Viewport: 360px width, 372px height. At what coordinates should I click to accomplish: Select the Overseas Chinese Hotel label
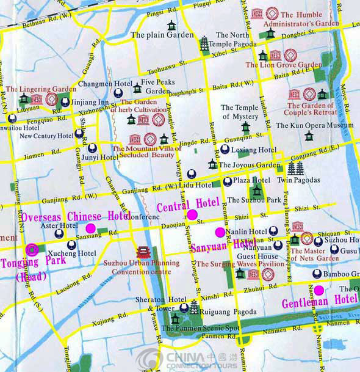(x=76, y=216)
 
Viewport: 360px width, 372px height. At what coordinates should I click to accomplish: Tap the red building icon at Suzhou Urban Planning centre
(x=142, y=252)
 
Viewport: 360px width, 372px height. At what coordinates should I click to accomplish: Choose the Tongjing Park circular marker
(x=31, y=249)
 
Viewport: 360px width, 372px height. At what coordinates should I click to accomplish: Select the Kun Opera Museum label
(x=314, y=125)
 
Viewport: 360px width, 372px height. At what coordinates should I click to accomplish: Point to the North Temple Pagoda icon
(x=204, y=43)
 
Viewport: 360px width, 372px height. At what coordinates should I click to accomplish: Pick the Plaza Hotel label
(x=252, y=181)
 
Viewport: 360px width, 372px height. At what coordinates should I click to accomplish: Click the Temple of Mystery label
(x=239, y=112)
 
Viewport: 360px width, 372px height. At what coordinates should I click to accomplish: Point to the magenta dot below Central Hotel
(x=192, y=214)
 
